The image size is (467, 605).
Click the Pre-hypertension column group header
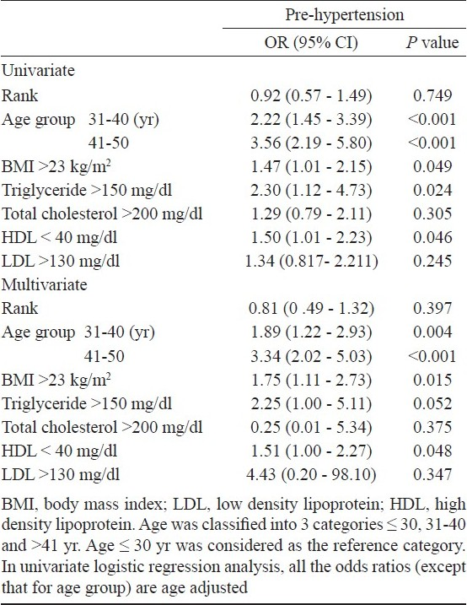point(345,14)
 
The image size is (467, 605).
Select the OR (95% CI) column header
point(311,42)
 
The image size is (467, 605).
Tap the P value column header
point(432,42)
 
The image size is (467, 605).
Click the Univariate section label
point(38,71)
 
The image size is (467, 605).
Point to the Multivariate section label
point(45,284)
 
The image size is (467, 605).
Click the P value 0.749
point(432,95)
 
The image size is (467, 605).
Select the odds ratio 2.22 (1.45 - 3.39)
point(311,119)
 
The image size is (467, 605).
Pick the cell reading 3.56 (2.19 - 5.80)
point(311,143)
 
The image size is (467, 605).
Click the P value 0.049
point(432,167)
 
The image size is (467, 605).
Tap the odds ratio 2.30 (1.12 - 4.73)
point(311,190)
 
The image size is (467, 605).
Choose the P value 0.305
point(432,213)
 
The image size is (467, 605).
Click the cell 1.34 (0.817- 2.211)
point(312,262)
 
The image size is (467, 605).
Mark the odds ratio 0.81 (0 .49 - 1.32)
point(311,308)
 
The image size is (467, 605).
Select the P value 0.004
point(432,332)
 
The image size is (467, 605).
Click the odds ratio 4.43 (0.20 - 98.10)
point(311,474)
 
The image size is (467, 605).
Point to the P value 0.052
point(432,403)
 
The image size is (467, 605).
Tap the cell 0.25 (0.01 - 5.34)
point(311,427)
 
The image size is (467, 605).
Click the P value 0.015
point(432,380)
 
